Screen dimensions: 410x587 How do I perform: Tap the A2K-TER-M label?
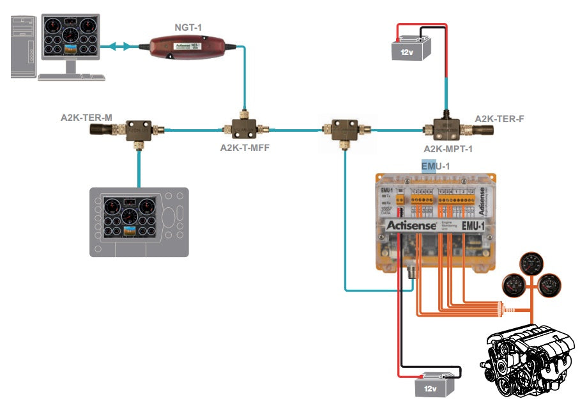coord(86,118)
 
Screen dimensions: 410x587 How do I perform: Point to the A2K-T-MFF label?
coord(245,149)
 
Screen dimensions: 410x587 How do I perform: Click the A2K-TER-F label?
coord(499,118)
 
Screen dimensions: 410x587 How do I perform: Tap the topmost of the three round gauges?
coord(531,263)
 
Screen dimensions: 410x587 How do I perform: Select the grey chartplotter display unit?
coord(139,222)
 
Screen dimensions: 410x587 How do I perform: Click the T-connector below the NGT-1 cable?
coord(244,128)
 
